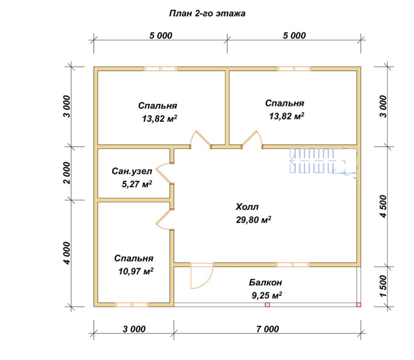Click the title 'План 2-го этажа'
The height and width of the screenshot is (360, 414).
coord(207,13)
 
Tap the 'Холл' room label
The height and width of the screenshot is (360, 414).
coord(247,206)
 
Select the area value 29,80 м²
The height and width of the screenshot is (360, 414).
coord(253,220)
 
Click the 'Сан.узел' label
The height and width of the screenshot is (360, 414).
coord(132,171)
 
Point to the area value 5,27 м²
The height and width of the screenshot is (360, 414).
coord(137,184)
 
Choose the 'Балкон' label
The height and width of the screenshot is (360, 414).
coord(265,282)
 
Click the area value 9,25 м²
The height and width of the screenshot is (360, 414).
coord(267,295)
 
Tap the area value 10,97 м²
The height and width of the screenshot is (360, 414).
coord(136,271)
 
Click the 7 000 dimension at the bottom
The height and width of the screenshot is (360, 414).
coord(267,329)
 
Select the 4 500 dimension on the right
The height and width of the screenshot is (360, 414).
coord(383,206)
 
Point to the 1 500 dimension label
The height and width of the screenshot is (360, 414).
coord(383,286)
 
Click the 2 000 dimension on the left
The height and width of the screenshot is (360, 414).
coord(67,173)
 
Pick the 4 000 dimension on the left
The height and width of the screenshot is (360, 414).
coord(67,253)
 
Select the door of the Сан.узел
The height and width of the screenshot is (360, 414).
coord(164,173)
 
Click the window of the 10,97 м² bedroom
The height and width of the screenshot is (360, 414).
coord(132,305)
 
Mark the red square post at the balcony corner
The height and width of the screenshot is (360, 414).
coord(358,305)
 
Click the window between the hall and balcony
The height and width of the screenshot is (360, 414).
coord(293,265)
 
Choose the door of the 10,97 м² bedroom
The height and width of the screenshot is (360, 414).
coord(164,220)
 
